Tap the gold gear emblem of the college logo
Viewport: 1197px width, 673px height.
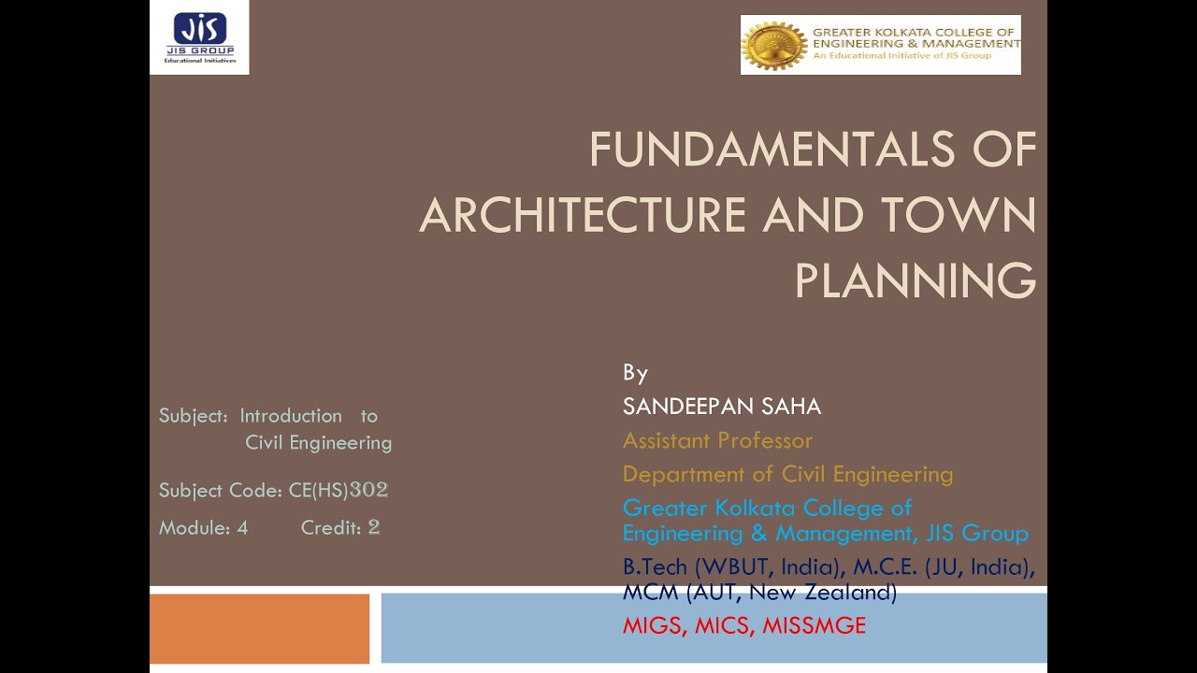point(773,45)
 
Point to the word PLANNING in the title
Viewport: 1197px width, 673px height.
point(915,279)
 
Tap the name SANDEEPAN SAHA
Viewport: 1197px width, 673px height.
point(722,407)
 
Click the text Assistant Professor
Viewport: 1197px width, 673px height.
point(717,440)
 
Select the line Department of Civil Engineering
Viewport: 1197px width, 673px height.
point(787,474)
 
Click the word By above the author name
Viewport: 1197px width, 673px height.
point(635,373)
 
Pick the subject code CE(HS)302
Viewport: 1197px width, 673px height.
point(339,490)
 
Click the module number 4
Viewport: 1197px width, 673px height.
point(242,527)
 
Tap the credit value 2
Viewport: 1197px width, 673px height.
point(374,527)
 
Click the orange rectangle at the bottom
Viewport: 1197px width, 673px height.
point(259,628)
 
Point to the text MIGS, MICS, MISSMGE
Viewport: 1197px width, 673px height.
point(743,625)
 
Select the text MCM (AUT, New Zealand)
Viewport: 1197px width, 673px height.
point(759,592)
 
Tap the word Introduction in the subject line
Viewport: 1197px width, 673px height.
point(291,416)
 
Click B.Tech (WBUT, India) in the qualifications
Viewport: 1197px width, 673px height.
point(731,567)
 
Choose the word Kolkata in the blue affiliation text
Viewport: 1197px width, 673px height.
point(757,508)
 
